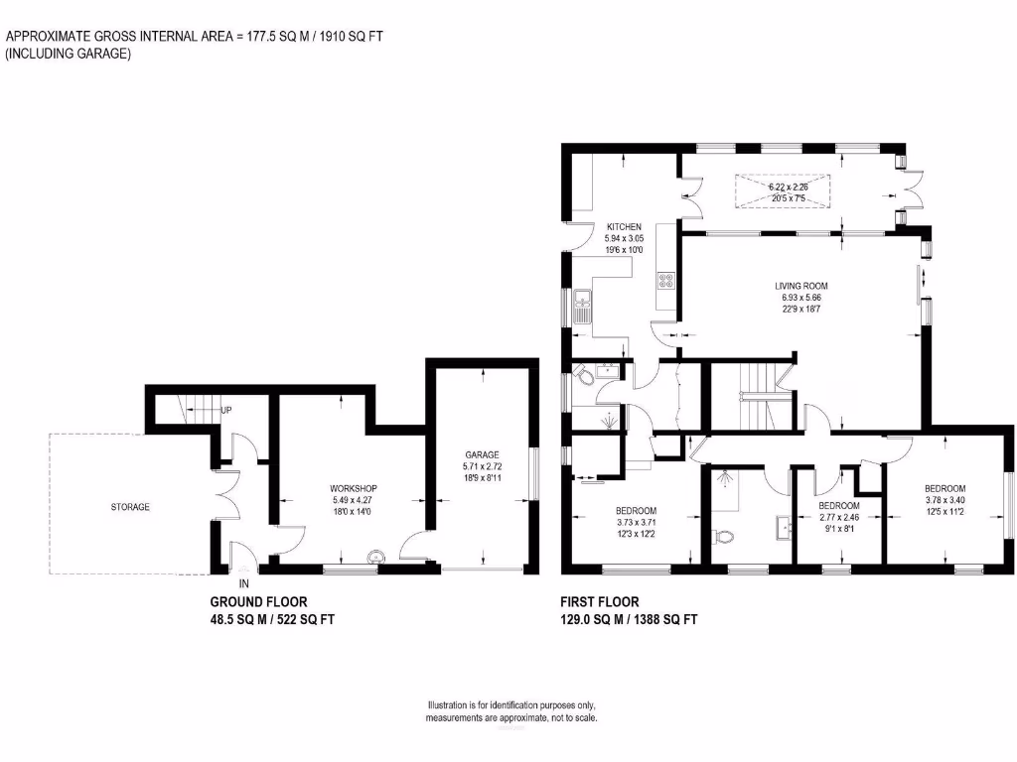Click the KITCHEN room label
624,227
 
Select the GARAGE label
482,454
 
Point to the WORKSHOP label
354,488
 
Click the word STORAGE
130,507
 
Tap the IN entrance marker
243,583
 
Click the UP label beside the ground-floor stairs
226,410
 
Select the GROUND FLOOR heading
258,601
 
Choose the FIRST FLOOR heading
600,601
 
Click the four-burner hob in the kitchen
664,281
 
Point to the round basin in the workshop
375,558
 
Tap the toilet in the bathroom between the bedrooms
724,537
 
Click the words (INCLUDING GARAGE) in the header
69,55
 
